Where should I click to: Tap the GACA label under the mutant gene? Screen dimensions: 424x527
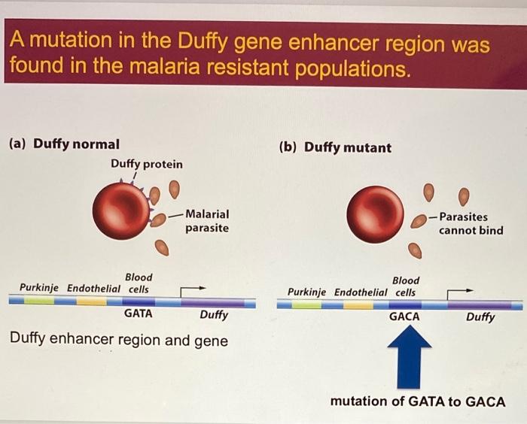(404, 316)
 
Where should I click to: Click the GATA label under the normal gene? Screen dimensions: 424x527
(138, 313)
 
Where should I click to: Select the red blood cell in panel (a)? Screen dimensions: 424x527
(122, 210)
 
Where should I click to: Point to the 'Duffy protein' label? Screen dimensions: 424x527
(146, 164)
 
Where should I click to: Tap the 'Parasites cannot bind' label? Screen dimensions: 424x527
(471, 223)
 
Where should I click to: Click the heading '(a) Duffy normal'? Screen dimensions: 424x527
(63, 144)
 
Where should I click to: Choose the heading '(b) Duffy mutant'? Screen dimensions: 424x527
(335, 147)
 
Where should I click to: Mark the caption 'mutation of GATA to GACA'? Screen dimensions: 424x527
(418, 401)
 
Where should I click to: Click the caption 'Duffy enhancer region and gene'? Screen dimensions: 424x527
(119, 340)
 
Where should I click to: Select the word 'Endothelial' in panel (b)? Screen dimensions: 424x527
(361, 292)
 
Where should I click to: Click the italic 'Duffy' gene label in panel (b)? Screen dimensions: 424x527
(480, 316)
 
